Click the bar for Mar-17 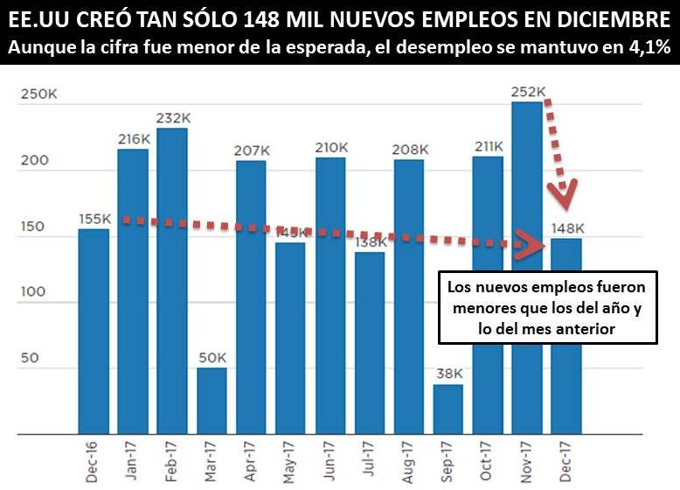click(212, 401)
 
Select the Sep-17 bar click(448, 409)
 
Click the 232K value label click(172, 118)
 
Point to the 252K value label click(528, 92)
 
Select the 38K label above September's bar click(448, 374)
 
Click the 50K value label click(212, 358)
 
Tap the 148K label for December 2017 click(567, 229)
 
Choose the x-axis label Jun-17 click(331, 458)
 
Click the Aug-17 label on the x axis click(410, 458)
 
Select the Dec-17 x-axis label click(567, 458)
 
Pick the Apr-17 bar click(251, 297)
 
